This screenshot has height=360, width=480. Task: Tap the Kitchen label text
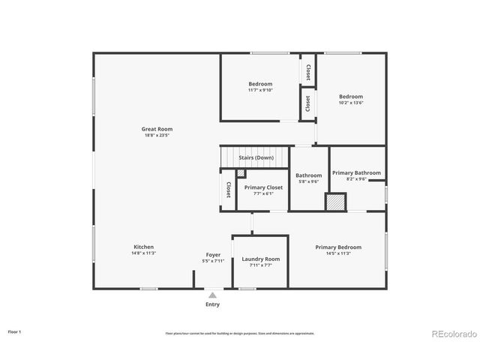tap(144, 247)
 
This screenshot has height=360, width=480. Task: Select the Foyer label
tap(213, 255)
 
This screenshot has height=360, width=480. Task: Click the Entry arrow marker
tap(213, 295)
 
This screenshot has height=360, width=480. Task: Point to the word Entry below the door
tap(213, 304)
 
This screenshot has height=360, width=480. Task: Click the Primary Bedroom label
tap(338, 247)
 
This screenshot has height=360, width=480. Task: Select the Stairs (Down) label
tap(256, 157)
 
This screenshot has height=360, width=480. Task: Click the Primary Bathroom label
tap(356, 172)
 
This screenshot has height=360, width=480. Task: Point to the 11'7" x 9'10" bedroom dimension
tap(261, 90)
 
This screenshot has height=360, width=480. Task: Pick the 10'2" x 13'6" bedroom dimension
tap(350, 103)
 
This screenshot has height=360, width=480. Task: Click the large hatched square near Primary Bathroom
tap(335, 202)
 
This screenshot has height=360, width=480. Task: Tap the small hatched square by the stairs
tap(241, 173)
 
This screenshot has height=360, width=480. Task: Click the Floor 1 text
tap(15, 331)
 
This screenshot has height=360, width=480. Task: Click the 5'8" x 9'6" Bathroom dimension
tap(308, 181)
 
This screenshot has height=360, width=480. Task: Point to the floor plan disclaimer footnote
tap(240, 333)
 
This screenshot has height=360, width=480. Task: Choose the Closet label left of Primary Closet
tap(229, 190)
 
